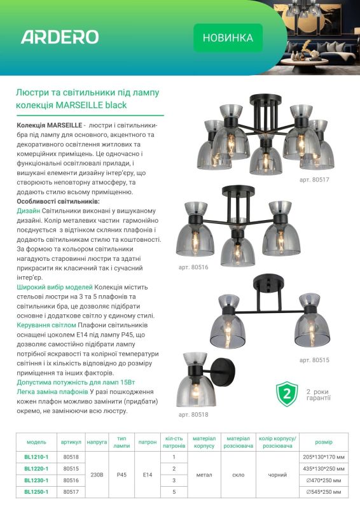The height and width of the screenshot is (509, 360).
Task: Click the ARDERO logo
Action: (x=60, y=37)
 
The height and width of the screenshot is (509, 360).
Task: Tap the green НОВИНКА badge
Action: (x=228, y=38)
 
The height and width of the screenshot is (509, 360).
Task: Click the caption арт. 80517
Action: (x=314, y=179)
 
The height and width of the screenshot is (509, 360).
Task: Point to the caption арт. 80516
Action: (x=193, y=267)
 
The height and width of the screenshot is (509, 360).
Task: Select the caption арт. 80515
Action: (x=314, y=359)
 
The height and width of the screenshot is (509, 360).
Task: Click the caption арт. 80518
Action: (x=193, y=415)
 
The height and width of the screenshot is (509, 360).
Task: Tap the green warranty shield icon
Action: (x=287, y=394)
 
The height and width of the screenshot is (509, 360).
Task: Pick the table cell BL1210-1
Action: (x=36, y=457)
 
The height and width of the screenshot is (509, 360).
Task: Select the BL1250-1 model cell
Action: (x=36, y=492)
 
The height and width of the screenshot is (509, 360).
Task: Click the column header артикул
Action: (x=71, y=442)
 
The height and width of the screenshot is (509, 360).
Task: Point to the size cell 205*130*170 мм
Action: (x=324, y=457)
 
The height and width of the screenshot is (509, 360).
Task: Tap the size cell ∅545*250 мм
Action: (x=324, y=492)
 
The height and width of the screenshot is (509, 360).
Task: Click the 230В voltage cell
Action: (x=97, y=475)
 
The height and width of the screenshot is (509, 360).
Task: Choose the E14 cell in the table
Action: (x=148, y=475)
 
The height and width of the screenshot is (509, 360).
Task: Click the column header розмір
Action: (x=324, y=442)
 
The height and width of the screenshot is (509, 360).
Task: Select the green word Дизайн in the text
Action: (x=28, y=211)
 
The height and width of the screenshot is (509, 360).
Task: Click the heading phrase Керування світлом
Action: (x=46, y=325)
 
